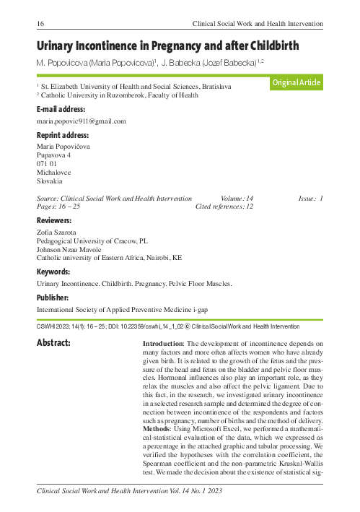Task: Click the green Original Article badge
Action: (296, 83)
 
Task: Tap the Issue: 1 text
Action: (311, 197)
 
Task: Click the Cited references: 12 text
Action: (224, 206)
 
